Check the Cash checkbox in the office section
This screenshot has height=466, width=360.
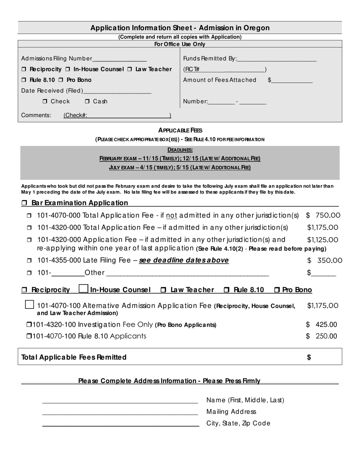click(87, 101)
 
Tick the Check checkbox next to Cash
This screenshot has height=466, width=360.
click(45, 101)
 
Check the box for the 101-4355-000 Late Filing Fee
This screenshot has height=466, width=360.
click(29, 261)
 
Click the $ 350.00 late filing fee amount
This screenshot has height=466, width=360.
click(324, 261)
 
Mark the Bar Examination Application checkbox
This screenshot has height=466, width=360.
click(24, 203)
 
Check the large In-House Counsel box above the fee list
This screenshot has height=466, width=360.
click(83, 289)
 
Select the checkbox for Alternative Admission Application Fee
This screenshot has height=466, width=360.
click(29, 305)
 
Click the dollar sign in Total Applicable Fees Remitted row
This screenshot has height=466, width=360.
click(309, 357)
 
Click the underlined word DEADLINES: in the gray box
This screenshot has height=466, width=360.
click(180, 150)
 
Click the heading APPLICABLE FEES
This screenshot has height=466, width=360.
click(180, 130)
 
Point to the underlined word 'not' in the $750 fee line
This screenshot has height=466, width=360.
click(172, 216)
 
